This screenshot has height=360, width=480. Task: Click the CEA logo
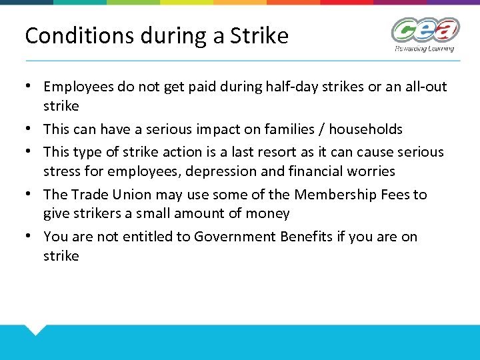pos(425,30)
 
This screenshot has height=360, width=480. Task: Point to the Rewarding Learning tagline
pos(424,48)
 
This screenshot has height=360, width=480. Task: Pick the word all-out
pos(425,87)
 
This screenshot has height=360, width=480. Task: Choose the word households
pos(365,129)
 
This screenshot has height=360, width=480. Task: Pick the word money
pos(269,213)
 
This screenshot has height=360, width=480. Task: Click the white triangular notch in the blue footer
pos(35,328)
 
